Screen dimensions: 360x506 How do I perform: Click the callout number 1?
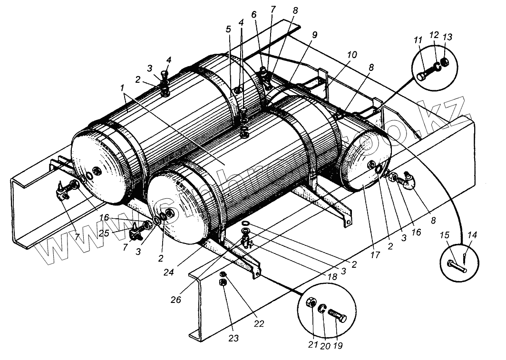[122, 88]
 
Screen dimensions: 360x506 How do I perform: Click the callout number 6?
[253, 15]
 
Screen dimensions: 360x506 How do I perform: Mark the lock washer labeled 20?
[321, 308]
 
